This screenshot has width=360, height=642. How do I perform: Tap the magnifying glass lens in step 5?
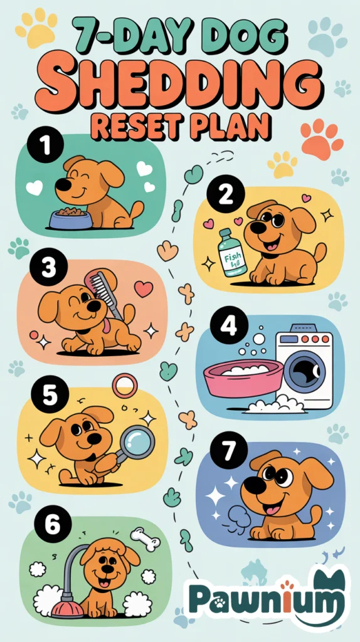coord(137,442)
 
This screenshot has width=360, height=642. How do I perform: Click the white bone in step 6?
coord(146,539)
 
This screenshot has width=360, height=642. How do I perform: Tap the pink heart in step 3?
coord(144,288)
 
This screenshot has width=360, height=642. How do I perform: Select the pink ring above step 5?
coord(124,385)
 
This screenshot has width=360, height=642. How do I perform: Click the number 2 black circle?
coord(224,196)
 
